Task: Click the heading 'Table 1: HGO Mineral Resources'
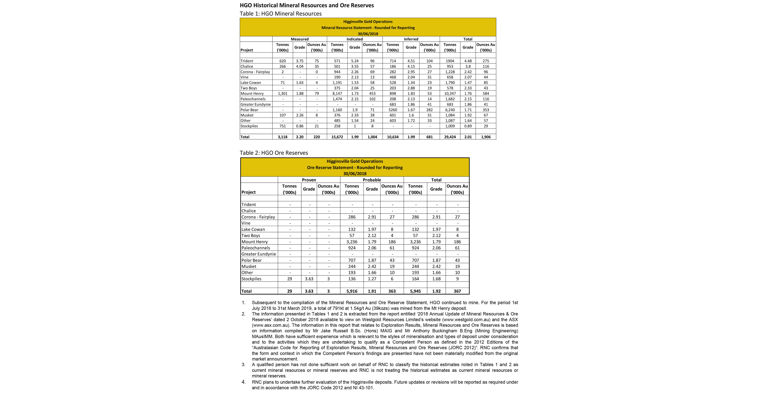coord(281,14)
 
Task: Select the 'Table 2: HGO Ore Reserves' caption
coord(274,153)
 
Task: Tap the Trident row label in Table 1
coord(247,61)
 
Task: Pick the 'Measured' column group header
coord(300,39)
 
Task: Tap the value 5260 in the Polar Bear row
coord(393,110)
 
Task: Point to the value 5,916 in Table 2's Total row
coord(352,291)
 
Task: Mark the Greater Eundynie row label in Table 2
coord(259,254)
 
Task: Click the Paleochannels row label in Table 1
coord(253,99)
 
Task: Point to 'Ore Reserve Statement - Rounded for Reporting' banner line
coord(355,168)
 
